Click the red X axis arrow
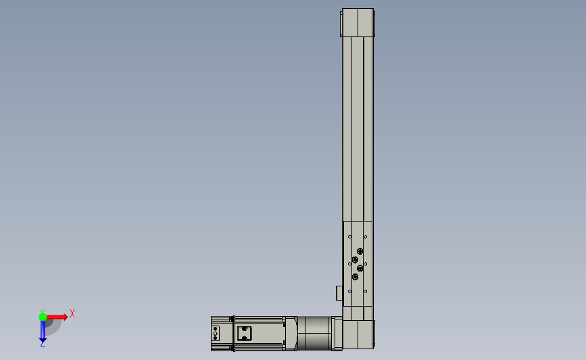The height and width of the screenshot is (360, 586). click(57, 316)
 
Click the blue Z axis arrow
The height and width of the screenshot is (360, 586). click(42, 331)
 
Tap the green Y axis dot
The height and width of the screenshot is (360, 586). click(43, 316)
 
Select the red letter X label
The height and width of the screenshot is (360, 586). click(72, 313)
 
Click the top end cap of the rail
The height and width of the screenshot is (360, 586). click(358, 23)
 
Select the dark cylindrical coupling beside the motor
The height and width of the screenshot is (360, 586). click(314, 333)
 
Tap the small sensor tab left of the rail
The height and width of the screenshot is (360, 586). click(339, 293)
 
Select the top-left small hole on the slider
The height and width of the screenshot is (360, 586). click(349, 237)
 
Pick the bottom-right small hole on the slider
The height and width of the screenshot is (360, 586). click(366, 290)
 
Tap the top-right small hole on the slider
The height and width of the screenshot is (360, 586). click(366, 237)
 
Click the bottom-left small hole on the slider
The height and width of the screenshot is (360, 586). click(349, 290)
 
